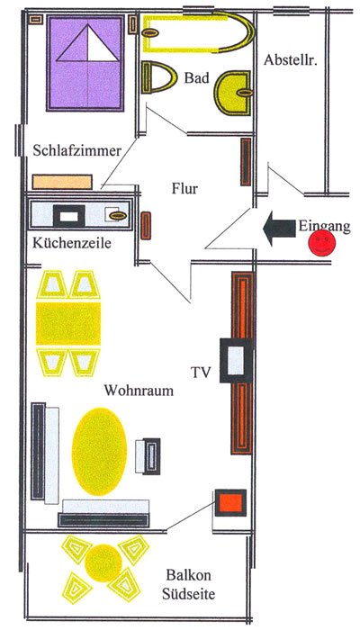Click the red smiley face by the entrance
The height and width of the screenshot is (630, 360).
coord(322,243)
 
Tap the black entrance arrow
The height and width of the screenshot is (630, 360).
coord(278,229)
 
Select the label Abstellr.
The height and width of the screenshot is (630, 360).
coord(288,60)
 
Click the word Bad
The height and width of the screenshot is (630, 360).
coord(197,78)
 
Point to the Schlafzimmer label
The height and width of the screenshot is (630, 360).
coord(77,150)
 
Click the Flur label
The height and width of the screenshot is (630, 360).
coord(184,188)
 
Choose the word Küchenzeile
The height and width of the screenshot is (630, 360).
coord(72,243)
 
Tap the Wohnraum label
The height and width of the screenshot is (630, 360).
coord(139,390)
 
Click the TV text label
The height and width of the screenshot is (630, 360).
coord(201,373)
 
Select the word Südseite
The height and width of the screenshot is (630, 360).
coord(188,594)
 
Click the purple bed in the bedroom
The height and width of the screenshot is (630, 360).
coord(85,63)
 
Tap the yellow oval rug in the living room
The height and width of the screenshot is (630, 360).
coord(99,451)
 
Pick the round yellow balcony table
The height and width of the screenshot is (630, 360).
coord(103,562)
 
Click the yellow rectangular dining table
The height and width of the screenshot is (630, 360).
coord(68,323)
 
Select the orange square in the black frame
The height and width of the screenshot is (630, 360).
coord(230,502)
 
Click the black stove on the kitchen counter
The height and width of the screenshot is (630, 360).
coord(69,217)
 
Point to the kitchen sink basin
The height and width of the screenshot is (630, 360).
coord(116,216)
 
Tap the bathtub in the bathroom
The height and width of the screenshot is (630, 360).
coord(198,32)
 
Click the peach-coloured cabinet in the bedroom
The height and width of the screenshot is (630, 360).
coord(62,182)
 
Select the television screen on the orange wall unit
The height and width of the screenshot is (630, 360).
coord(236,360)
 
